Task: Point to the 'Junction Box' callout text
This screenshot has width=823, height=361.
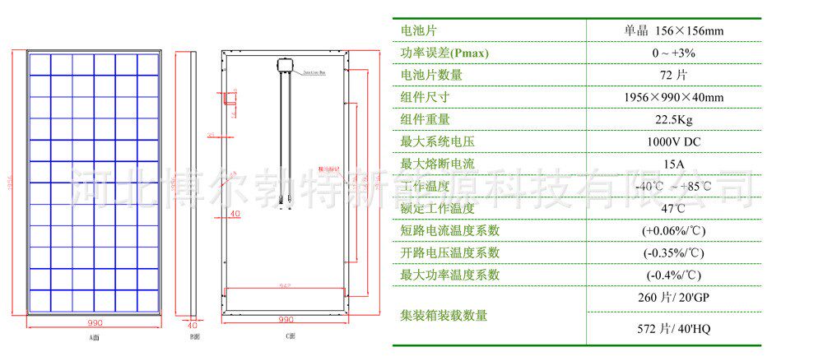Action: coord(319,72)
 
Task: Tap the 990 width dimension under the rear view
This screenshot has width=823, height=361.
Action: coord(286,319)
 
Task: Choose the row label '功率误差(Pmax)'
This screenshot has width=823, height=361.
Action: coord(444,53)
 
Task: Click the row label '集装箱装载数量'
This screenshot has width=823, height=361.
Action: coord(444,315)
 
